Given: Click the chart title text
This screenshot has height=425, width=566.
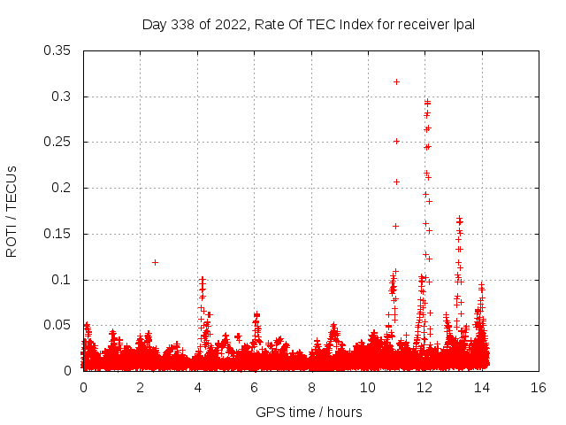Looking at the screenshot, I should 309,24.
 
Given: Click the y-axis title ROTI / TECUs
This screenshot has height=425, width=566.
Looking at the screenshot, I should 11,211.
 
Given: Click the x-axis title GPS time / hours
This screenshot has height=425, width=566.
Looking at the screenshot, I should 309,412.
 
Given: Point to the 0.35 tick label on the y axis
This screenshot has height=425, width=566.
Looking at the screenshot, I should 57,50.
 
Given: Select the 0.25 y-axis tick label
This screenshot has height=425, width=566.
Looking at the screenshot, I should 57,143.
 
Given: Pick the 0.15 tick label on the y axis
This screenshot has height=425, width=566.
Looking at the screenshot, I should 57,235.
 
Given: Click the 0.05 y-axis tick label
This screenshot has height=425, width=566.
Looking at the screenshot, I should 57,326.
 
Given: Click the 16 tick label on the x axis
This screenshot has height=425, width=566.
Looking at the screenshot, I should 539,388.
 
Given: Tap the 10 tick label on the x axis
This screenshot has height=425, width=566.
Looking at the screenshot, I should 368,388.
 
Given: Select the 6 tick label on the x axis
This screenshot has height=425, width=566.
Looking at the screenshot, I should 254,388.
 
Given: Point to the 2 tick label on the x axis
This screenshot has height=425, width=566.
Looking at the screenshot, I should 140,388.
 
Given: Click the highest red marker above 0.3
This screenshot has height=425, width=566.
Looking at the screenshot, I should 396,81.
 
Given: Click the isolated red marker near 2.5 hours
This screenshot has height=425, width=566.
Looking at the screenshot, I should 155,262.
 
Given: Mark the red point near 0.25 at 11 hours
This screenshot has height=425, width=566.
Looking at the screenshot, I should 396,141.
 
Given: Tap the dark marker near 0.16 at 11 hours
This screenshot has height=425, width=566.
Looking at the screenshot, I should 395,226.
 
